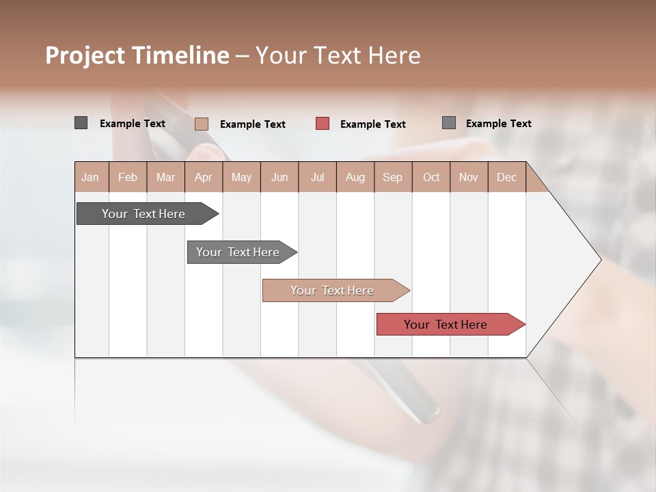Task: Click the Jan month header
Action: coord(91,177)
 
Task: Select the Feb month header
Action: coord(128,177)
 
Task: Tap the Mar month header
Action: coord(165,177)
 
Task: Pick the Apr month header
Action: coord(204,177)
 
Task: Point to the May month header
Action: coord(241,177)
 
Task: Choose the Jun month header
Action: coord(279,177)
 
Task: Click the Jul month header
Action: coord(317,177)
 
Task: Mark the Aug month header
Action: coord(355,177)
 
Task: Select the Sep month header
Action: coord(393,177)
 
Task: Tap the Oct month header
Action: coord(431,177)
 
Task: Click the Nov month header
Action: coord(469,177)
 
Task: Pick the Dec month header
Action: coord(507,177)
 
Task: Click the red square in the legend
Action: coord(323,124)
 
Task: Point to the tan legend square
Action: coord(202,124)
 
